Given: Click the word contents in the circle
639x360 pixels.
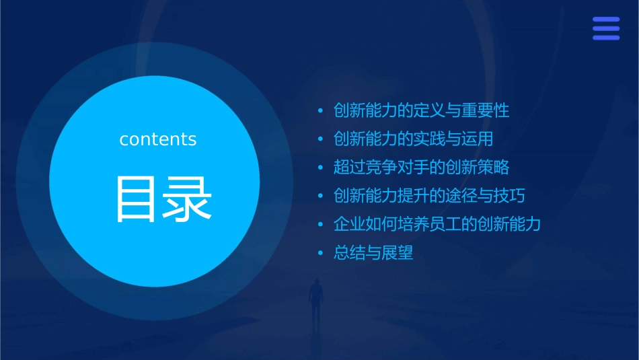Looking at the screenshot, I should (158, 139).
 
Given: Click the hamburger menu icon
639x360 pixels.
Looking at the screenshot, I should (606, 29).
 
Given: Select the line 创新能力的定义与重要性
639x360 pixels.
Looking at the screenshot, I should (421, 110).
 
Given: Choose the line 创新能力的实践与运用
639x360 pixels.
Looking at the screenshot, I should (413, 139).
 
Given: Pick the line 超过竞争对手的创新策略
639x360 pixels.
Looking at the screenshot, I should (421, 168).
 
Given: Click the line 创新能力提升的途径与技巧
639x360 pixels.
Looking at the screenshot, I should (429, 196).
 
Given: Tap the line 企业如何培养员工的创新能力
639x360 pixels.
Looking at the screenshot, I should (437, 224).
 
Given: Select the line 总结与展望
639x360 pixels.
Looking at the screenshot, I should (373, 253).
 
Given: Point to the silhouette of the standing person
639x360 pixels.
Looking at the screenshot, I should (315, 299).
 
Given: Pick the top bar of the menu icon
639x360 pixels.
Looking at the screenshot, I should (606, 20).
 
